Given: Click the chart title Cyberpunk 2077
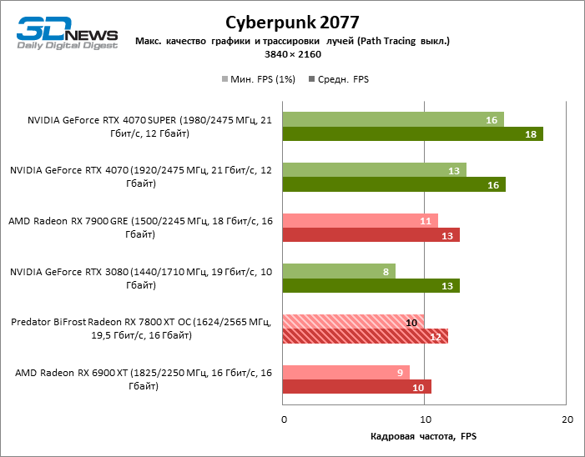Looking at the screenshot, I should coord(292,21).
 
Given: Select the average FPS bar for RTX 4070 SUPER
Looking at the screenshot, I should coord(413,134).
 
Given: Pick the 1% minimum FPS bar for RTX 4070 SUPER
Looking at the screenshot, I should coord(393,119).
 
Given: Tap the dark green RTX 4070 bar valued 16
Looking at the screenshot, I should coord(394,185).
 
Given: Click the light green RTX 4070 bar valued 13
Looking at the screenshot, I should coord(375,170).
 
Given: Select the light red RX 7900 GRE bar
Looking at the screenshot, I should coord(361,221).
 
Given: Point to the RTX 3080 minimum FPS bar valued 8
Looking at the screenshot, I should coord(339,271).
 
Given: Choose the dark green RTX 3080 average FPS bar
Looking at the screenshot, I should coord(371,286).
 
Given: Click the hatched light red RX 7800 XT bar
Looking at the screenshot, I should coord(354,322).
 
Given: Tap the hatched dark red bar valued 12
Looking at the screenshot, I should coord(366,336).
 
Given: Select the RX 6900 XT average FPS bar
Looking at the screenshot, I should coord(357,387).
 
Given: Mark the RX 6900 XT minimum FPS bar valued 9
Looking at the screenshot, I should coord(346,372).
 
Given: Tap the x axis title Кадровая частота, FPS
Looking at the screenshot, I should coord(422,436).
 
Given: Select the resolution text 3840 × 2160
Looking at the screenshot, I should coord(292,54).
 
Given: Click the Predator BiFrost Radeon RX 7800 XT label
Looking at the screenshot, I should coord(141,329).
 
